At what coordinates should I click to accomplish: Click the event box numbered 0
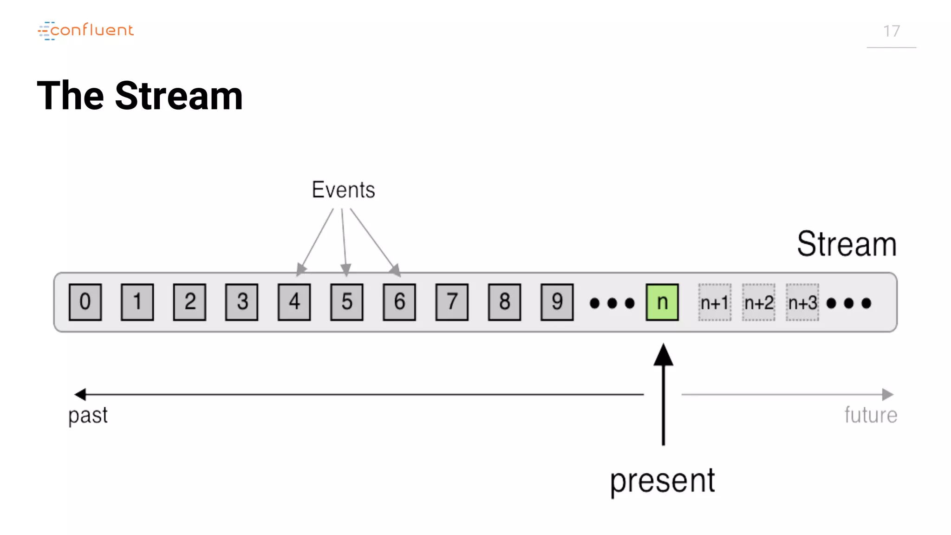coord(85,302)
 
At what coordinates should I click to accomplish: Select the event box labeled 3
coord(242,302)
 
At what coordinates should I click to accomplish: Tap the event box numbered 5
coord(347,302)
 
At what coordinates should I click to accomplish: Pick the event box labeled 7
coord(452,302)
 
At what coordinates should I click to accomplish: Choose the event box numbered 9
coord(557,302)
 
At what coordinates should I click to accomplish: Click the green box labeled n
coord(662,302)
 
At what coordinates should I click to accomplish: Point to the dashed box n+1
coord(715,302)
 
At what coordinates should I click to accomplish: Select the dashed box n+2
coord(759,302)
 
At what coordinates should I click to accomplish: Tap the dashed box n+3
coord(802,302)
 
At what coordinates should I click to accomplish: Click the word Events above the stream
coord(343,189)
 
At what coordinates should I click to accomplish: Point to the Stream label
coord(847,244)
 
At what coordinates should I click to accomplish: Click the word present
coord(662,481)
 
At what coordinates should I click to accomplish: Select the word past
coord(88,415)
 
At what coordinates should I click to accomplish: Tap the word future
coord(871,415)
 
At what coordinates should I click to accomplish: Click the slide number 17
coord(891,31)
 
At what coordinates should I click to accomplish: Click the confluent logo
coord(86,31)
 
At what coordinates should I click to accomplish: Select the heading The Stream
coord(140,96)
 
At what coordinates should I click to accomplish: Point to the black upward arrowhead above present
coord(663,355)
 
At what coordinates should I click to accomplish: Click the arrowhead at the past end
coord(80,394)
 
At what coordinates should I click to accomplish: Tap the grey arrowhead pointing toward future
coord(887,394)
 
